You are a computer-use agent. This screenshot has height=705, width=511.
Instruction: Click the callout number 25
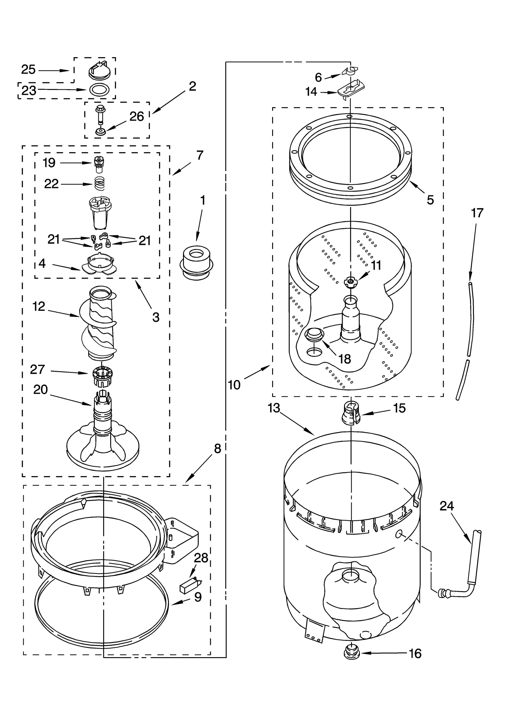coord(28,70)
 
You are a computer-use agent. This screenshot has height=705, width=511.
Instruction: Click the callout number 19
coord(49,163)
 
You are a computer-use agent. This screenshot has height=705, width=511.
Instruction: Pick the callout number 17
coord(477,213)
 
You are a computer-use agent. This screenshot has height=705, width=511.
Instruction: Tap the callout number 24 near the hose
coord(446,506)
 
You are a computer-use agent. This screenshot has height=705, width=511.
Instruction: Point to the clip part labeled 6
coord(350,71)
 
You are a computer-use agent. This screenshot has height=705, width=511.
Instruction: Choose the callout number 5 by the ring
coord(430,200)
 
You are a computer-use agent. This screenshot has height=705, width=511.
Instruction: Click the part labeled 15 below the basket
coord(351,414)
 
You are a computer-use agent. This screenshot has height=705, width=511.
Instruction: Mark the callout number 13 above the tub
coord(274,408)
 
